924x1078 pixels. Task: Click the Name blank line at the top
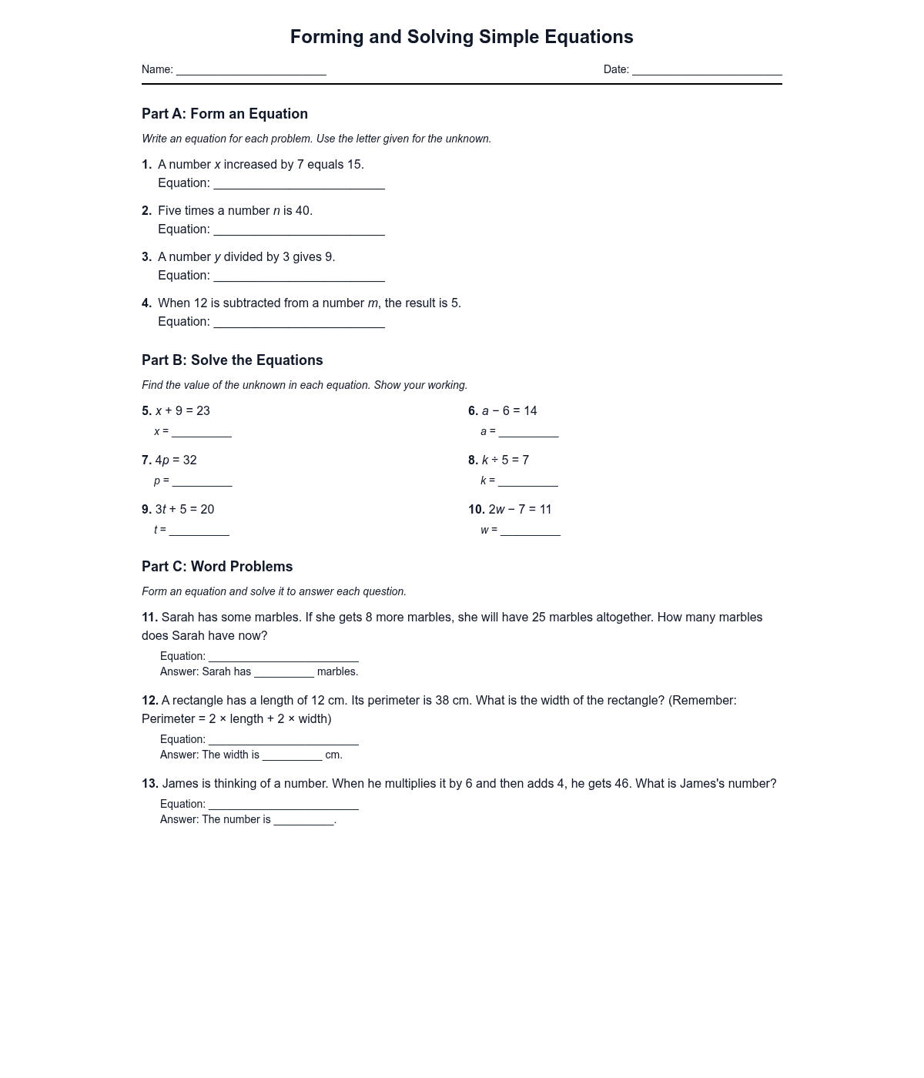point(251,71)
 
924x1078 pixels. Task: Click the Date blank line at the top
point(707,71)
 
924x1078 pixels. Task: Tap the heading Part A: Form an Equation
point(225,114)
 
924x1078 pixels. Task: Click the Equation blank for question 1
point(299,184)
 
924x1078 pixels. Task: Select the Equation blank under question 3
point(299,276)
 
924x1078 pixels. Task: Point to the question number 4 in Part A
point(146,303)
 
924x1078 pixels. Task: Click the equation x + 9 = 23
point(182,411)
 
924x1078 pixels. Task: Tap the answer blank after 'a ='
point(528,433)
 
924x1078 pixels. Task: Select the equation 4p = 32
point(176,460)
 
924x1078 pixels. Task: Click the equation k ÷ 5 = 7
point(505,460)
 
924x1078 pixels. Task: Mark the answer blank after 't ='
point(199,531)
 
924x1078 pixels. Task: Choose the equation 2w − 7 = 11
point(520,510)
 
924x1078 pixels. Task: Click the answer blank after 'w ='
point(531,531)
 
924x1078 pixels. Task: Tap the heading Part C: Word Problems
point(217,567)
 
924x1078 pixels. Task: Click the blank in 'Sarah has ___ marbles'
point(284,673)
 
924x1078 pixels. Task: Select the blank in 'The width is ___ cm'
point(292,756)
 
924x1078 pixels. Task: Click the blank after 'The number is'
point(303,821)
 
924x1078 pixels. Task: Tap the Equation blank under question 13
point(283,805)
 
